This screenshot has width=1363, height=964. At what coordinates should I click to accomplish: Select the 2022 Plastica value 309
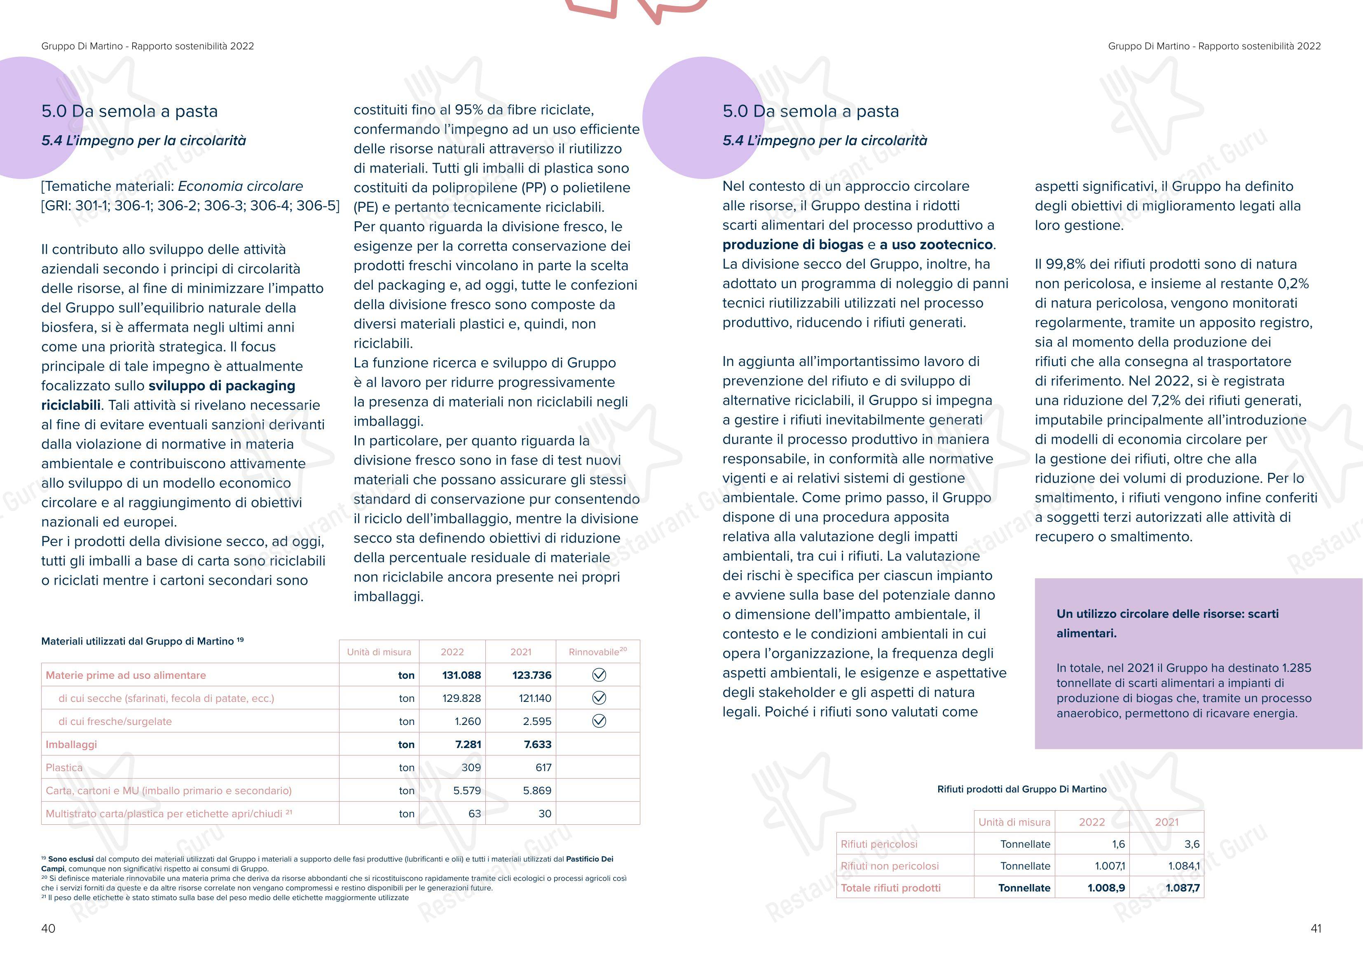[x=471, y=767]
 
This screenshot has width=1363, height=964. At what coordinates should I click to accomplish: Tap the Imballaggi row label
[x=71, y=744]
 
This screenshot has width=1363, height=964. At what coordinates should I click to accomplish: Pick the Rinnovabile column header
[x=597, y=652]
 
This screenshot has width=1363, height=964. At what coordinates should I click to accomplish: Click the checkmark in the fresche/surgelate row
[x=599, y=721]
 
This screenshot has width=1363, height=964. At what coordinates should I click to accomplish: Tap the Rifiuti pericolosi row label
[x=878, y=844]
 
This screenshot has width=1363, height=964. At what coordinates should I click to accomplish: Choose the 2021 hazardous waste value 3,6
[x=1192, y=844]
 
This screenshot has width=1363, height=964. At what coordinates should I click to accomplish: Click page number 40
[x=48, y=929]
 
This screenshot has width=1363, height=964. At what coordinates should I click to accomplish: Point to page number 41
[x=1316, y=929]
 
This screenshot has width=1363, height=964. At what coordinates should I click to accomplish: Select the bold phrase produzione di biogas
[x=792, y=245]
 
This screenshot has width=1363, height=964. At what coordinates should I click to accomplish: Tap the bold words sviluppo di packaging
[x=221, y=385]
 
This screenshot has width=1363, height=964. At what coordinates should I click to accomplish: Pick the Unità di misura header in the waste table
[x=1014, y=822]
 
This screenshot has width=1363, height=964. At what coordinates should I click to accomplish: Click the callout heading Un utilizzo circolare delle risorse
[x=1167, y=614]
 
